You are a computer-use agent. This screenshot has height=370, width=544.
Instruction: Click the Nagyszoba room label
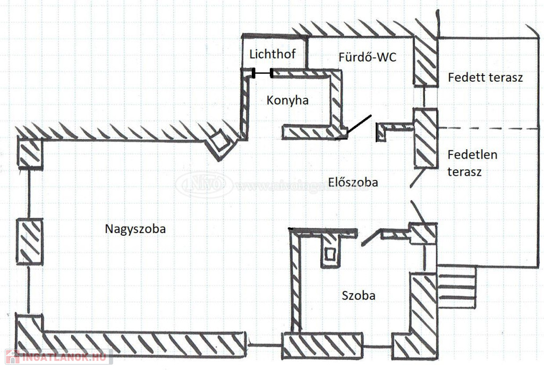pos(135,229)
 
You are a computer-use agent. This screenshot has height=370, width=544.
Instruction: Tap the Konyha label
pos(287,100)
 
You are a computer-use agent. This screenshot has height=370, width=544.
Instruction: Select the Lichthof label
pos(273,54)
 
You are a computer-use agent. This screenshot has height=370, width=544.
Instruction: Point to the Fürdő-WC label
pos(368,57)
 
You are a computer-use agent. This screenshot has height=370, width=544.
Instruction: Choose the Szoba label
pos(358,296)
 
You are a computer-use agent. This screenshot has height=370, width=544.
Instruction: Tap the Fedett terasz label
pos(486,78)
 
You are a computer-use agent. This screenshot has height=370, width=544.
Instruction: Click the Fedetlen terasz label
pos(472,164)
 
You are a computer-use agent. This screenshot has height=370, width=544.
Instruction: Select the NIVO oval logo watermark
pos(204,185)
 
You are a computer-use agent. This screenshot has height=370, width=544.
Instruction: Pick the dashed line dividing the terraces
pos(489,128)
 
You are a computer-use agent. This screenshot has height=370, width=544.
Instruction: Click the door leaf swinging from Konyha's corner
pos(358,124)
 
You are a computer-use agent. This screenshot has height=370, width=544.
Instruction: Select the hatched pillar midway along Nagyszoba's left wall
pos(30,242)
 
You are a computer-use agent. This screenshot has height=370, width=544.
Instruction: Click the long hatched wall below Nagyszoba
pos(143,343)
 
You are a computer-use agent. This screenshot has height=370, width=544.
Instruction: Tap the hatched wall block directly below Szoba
pos(322,346)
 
